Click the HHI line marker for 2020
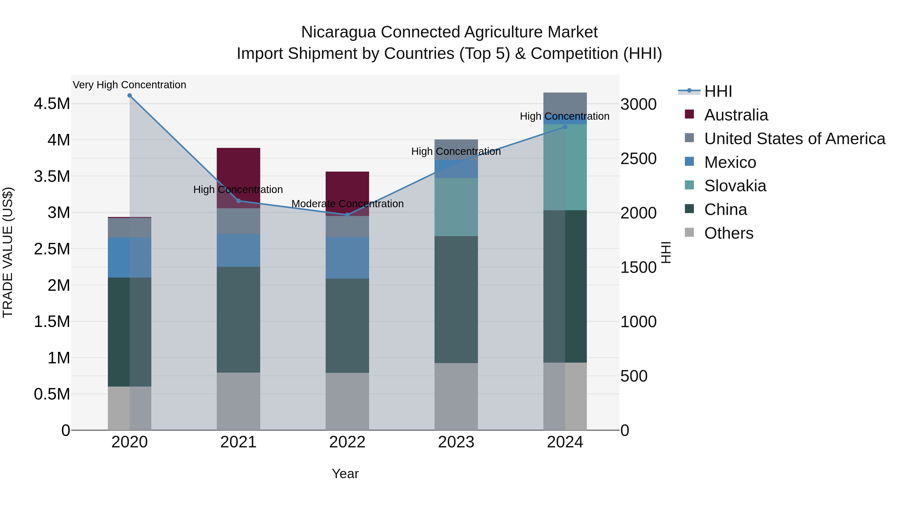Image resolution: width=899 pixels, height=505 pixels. click(129, 96)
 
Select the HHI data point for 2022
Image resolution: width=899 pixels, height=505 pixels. click(347, 215)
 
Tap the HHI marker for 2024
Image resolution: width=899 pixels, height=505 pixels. click(565, 127)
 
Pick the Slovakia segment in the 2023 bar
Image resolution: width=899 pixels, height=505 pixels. click(456, 207)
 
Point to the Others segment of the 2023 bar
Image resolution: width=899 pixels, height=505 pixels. click(456, 396)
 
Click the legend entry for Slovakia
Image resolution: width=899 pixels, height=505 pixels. click(735, 186)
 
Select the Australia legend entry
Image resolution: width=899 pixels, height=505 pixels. click(736, 115)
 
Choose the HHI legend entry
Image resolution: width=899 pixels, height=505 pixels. click(718, 91)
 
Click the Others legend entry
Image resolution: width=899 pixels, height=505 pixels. click(728, 233)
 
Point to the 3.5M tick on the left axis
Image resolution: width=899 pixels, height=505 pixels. click(52, 176)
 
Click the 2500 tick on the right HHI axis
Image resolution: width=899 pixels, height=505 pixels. click(638, 159)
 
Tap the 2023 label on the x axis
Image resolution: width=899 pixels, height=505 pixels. click(456, 442)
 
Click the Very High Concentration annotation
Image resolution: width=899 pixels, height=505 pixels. click(129, 85)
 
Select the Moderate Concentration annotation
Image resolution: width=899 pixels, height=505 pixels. click(347, 203)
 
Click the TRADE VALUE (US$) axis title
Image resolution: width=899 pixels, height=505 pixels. click(8, 252)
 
